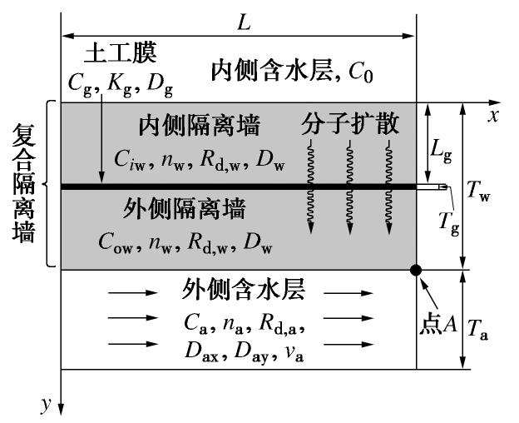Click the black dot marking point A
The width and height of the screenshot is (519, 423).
[416, 270]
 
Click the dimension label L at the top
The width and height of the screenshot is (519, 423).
[243, 22]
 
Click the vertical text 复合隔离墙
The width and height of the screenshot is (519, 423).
[24, 183]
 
